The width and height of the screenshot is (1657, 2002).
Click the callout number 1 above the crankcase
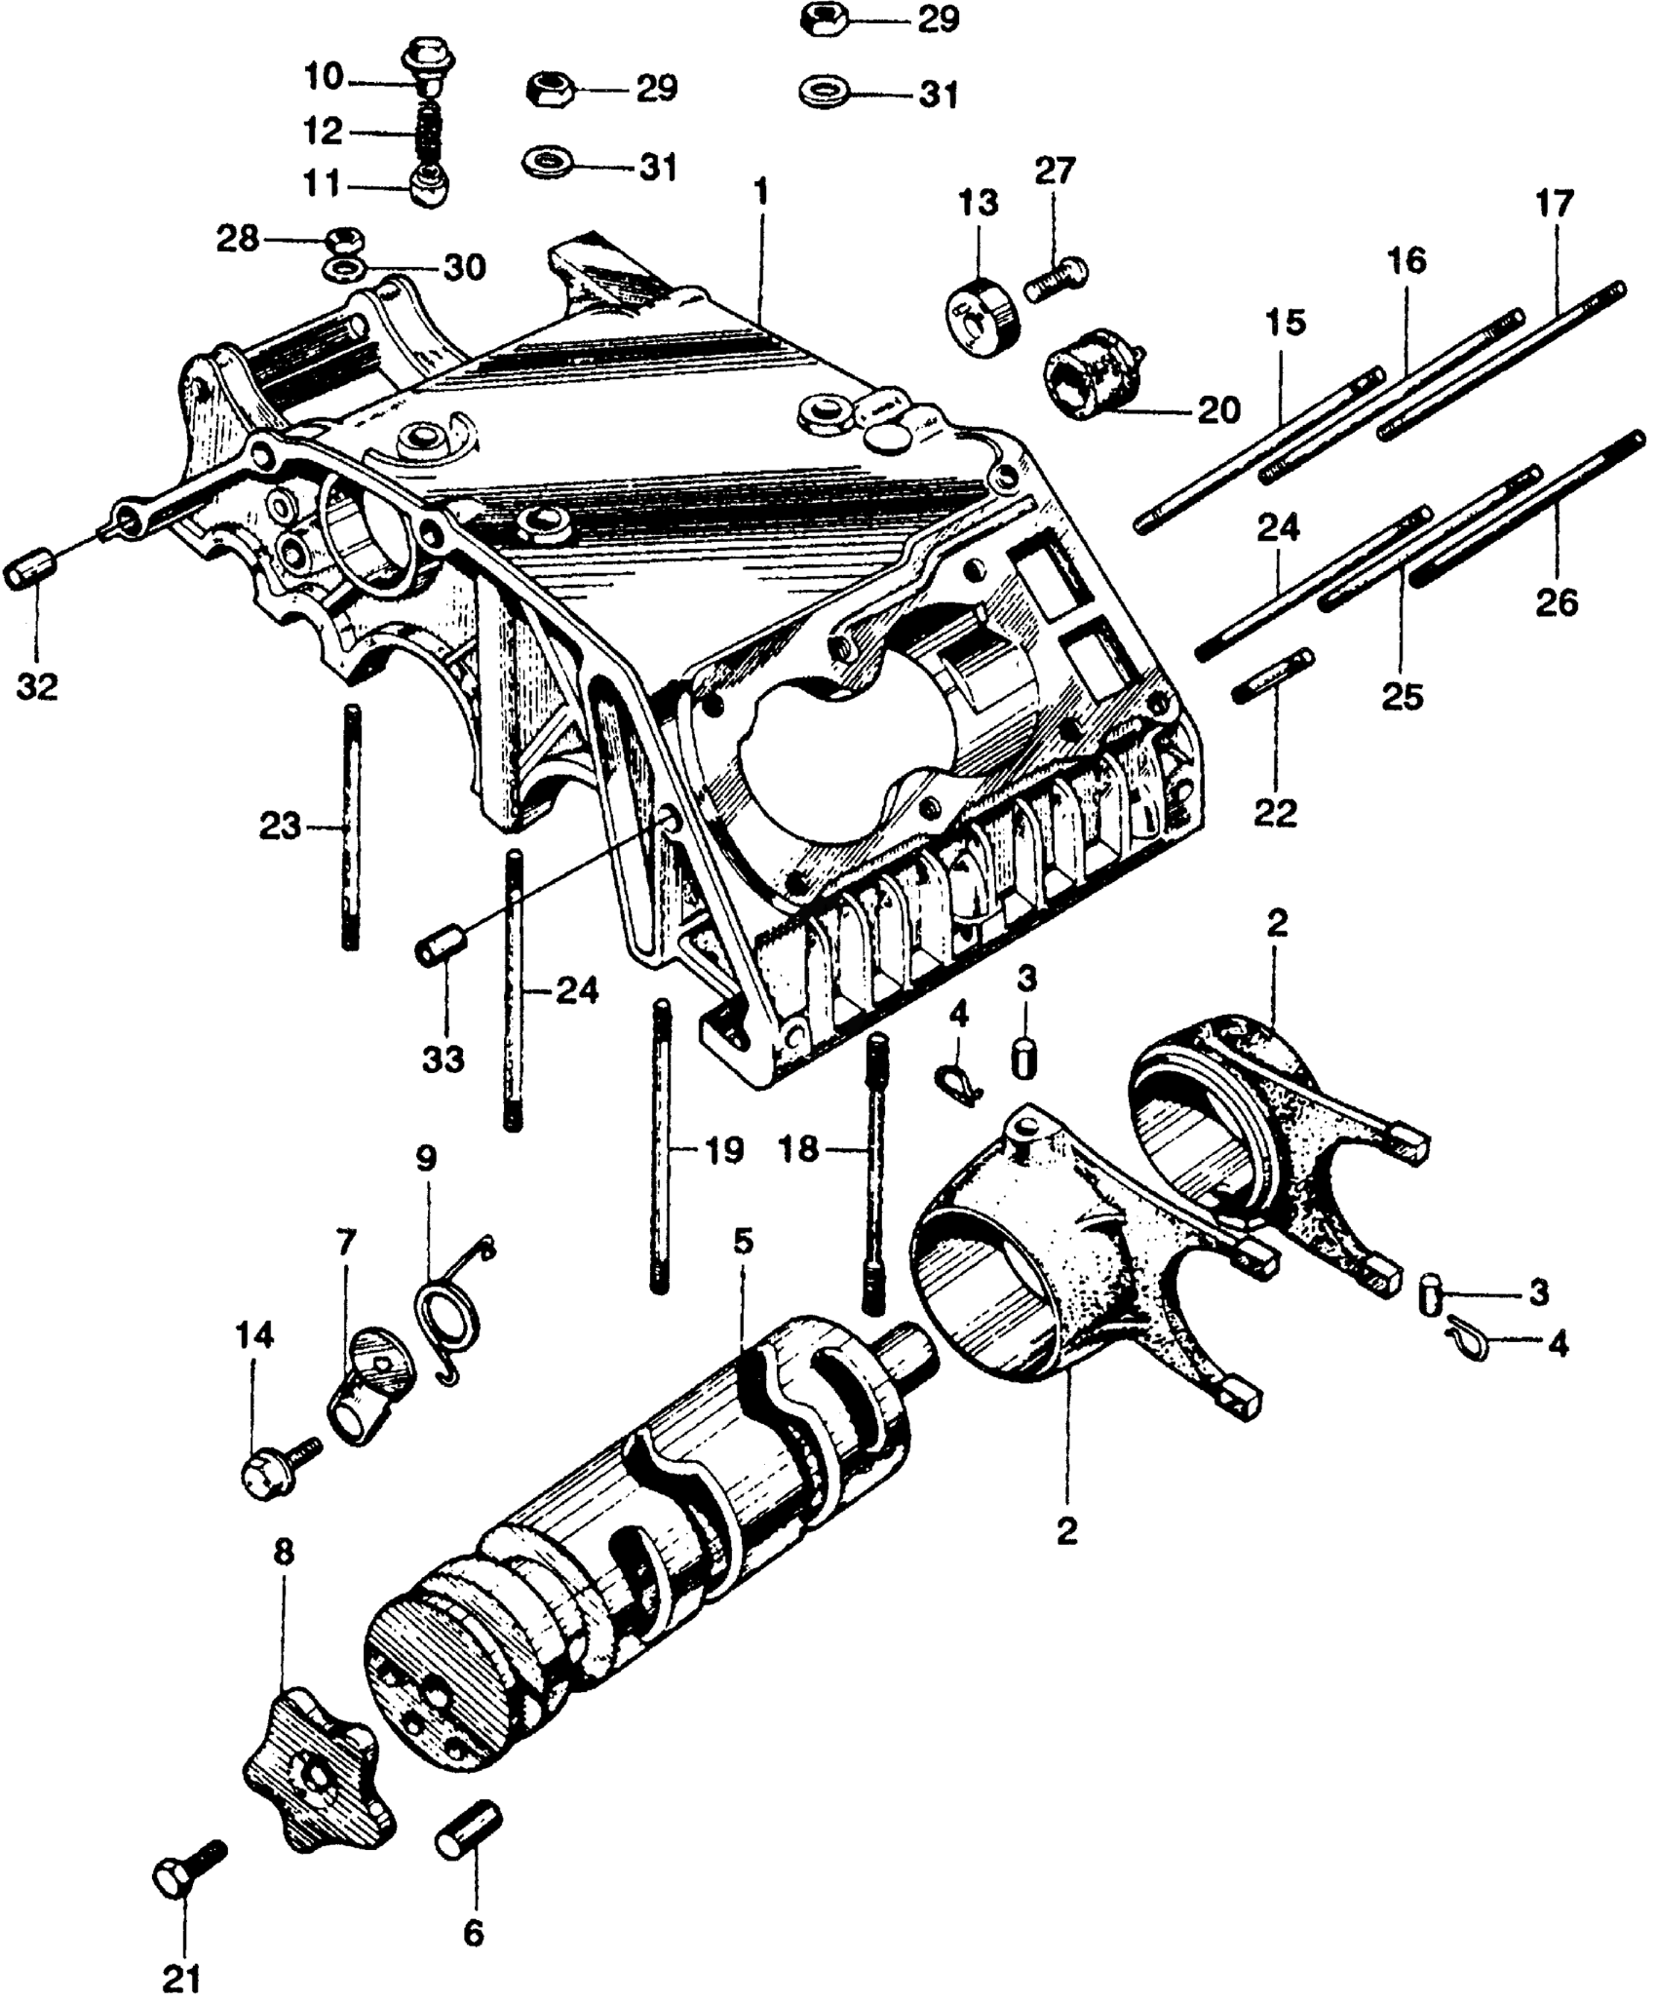pyautogui.click(x=760, y=192)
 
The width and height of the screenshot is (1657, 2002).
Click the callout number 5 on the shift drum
pyautogui.click(x=743, y=1242)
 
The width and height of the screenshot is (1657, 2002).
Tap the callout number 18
pyautogui.click(x=800, y=1150)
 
